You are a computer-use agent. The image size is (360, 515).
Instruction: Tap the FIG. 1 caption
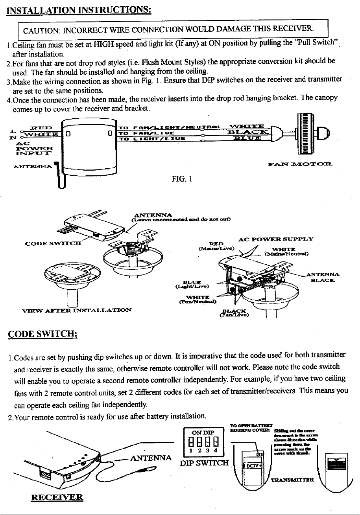tap(181, 180)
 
